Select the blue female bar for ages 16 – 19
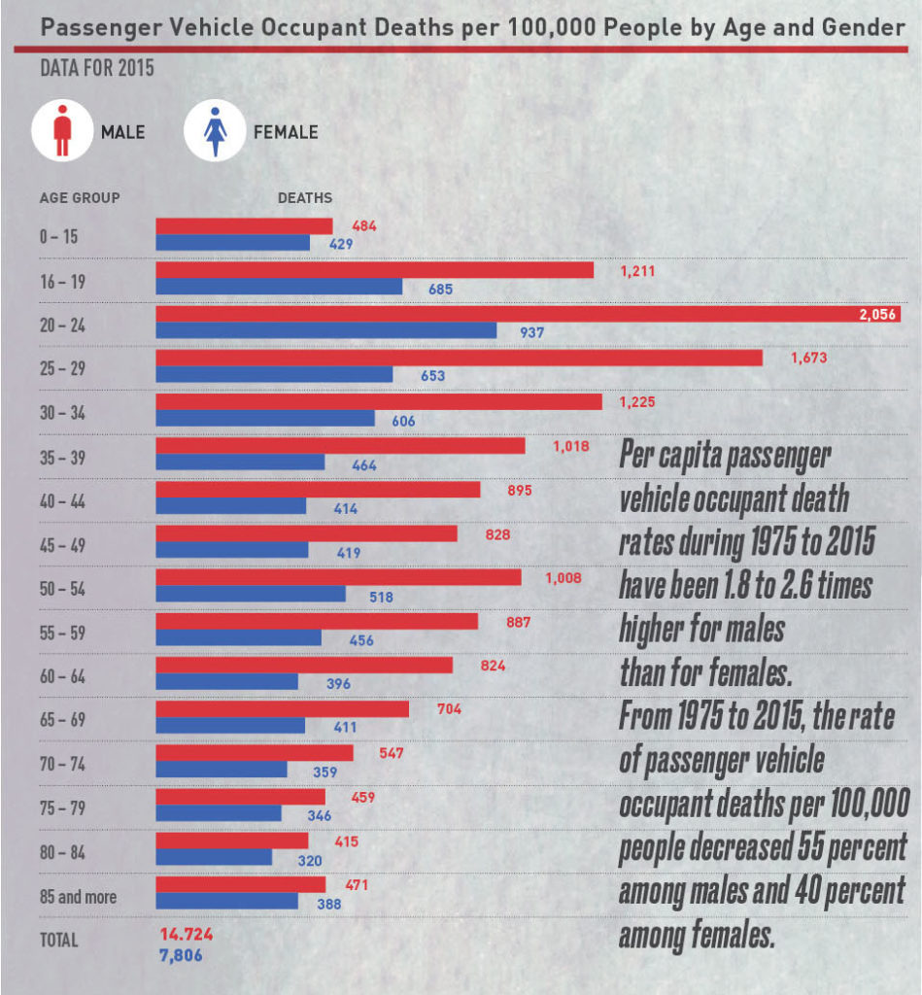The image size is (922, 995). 279,287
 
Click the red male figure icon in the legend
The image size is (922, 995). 61,131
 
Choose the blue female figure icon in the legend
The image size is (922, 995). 213,131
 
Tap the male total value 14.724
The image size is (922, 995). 186,934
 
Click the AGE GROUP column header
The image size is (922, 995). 80,198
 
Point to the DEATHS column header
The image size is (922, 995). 305,198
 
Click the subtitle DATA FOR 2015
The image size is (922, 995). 95,70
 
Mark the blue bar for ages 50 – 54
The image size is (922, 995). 251,594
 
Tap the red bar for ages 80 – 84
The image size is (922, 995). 232,840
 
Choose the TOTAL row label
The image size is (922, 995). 58,941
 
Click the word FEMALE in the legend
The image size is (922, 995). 286,132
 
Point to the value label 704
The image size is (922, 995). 448,709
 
